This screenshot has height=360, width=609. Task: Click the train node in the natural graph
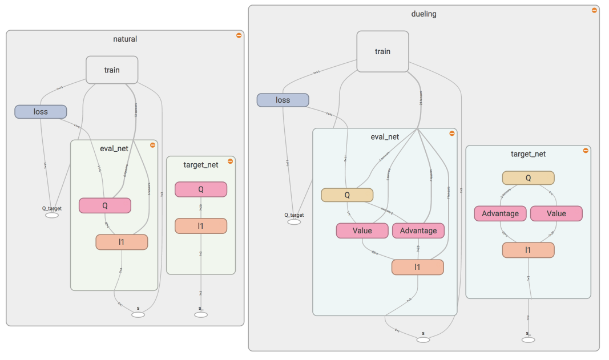point(112,70)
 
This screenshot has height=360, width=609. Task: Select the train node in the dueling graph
point(382,51)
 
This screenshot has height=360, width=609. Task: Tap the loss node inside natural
point(41,111)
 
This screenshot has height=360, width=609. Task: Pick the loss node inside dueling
point(283,100)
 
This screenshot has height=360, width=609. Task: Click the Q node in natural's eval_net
point(105,205)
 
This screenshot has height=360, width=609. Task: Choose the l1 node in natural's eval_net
point(122,242)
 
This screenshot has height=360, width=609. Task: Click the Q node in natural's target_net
point(201,189)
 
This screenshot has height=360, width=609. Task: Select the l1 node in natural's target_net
point(201,225)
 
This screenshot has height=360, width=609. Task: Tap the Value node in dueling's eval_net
point(362,230)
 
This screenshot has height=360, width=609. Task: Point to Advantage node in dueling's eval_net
point(418,230)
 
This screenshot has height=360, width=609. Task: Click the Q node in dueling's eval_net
point(347,195)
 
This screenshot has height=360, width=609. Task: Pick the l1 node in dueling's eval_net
point(417,267)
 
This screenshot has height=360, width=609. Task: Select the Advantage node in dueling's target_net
point(500,213)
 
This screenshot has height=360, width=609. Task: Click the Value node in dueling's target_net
point(556,213)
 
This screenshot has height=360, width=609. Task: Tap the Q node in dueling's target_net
point(528,177)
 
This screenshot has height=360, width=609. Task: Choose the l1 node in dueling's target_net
point(528,250)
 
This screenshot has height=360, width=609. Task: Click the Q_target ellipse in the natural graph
point(52,215)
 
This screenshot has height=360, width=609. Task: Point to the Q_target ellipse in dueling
point(294,222)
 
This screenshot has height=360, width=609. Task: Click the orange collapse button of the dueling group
point(594,10)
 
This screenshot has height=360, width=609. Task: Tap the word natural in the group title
point(125,39)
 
